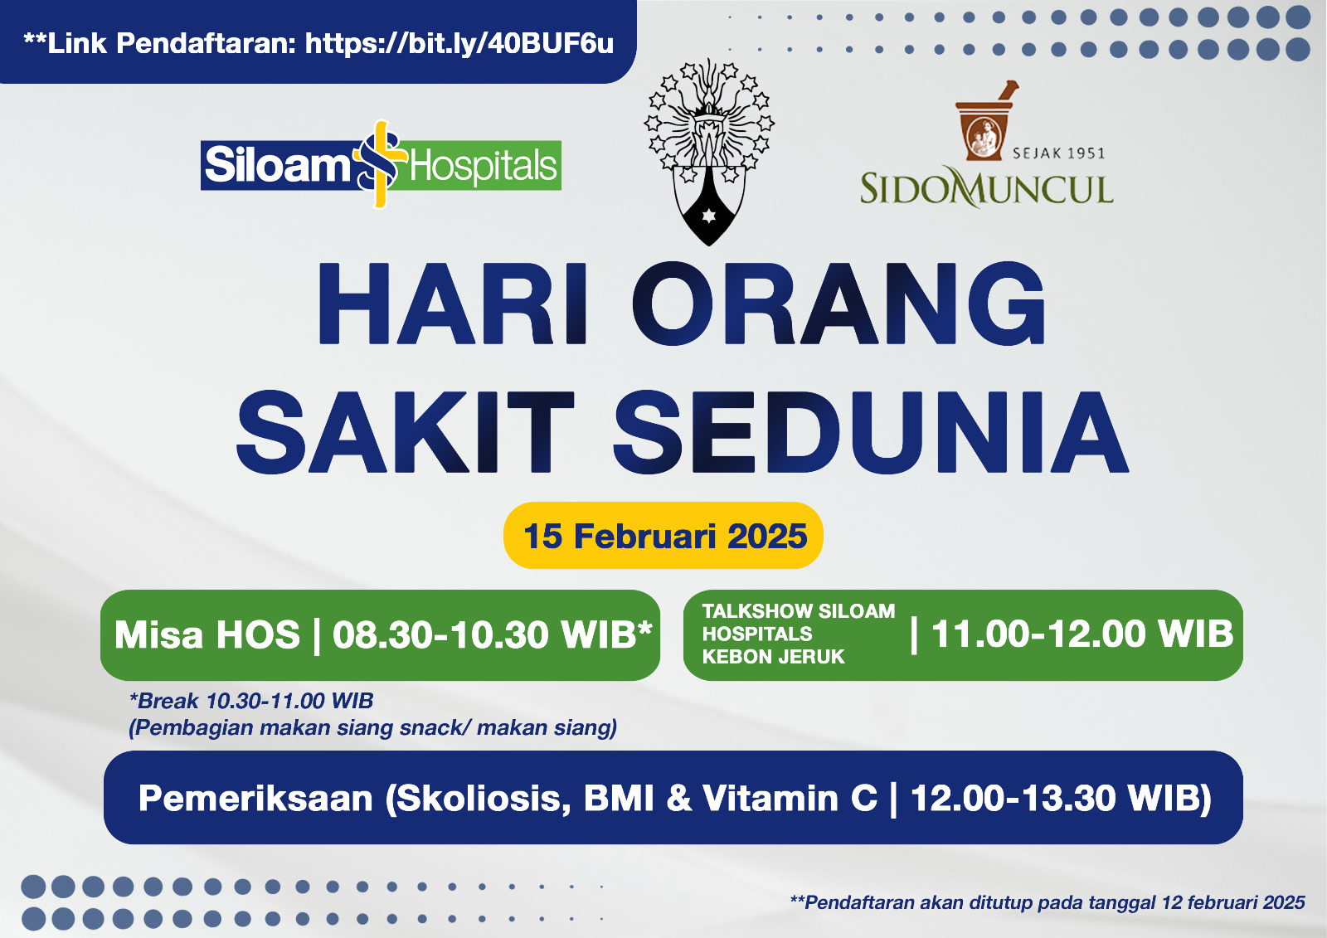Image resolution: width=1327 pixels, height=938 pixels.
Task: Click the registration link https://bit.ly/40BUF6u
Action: pos(459,43)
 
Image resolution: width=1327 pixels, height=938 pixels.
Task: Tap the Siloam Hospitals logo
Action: pos(381,165)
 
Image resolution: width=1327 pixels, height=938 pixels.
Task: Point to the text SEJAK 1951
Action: pos(1058,153)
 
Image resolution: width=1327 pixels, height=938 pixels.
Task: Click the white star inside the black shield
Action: pos(708,216)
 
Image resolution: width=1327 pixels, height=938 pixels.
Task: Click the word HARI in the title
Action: pos(453,303)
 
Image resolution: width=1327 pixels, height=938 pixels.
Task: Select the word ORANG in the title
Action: pos(838,303)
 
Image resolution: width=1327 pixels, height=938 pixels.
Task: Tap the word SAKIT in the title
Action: pos(406,430)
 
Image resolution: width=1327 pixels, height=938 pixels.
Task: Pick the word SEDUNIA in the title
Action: pos(871,430)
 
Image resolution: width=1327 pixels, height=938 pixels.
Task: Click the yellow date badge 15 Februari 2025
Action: pos(663,536)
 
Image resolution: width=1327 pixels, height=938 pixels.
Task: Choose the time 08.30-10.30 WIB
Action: pos(493,634)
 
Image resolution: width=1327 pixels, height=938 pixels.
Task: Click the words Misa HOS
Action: pos(207,635)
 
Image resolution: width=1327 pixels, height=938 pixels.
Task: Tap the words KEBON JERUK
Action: pos(773,657)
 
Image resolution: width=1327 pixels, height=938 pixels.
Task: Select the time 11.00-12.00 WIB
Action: pos(1082,634)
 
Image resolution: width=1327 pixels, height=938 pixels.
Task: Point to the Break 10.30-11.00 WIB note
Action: pos(251,701)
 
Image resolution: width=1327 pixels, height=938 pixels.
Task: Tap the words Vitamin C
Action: pos(790,798)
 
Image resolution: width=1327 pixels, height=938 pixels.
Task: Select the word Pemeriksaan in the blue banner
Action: pos(255,798)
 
